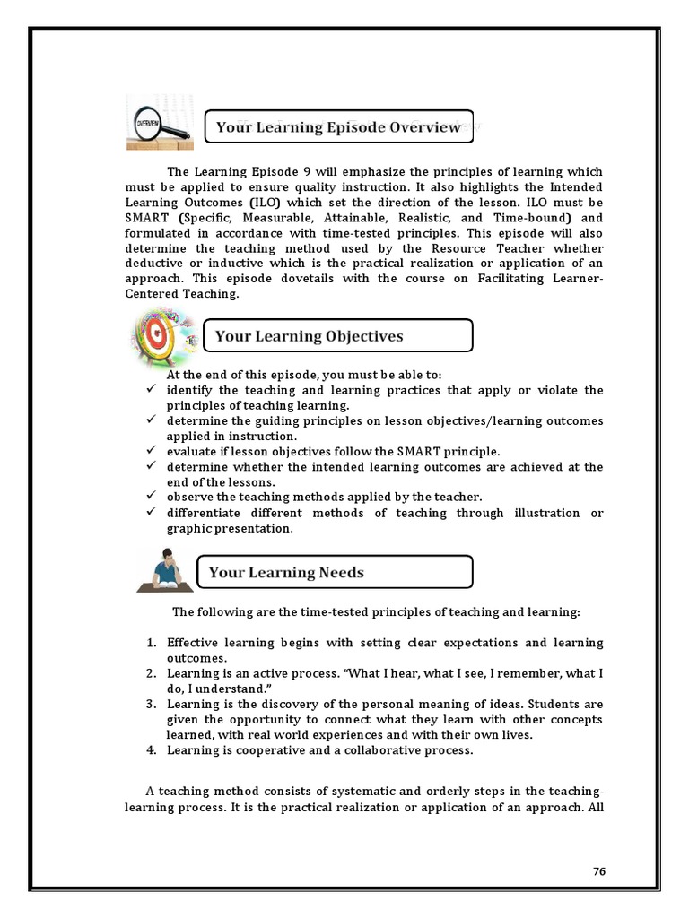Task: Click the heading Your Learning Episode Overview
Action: [338, 127]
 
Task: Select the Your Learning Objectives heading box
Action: [338, 336]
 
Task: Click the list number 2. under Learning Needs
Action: [152, 673]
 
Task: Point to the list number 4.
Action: [152, 750]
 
